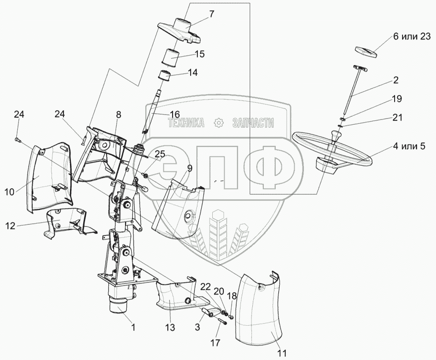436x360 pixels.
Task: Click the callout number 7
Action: [x=211, y=14]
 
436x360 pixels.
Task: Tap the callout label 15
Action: [x=200, y=54]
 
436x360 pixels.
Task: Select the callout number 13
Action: [x=170, y=328]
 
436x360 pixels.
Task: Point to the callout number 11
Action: [x=282, y=353]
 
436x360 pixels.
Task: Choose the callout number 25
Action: [x=160, y=154]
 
